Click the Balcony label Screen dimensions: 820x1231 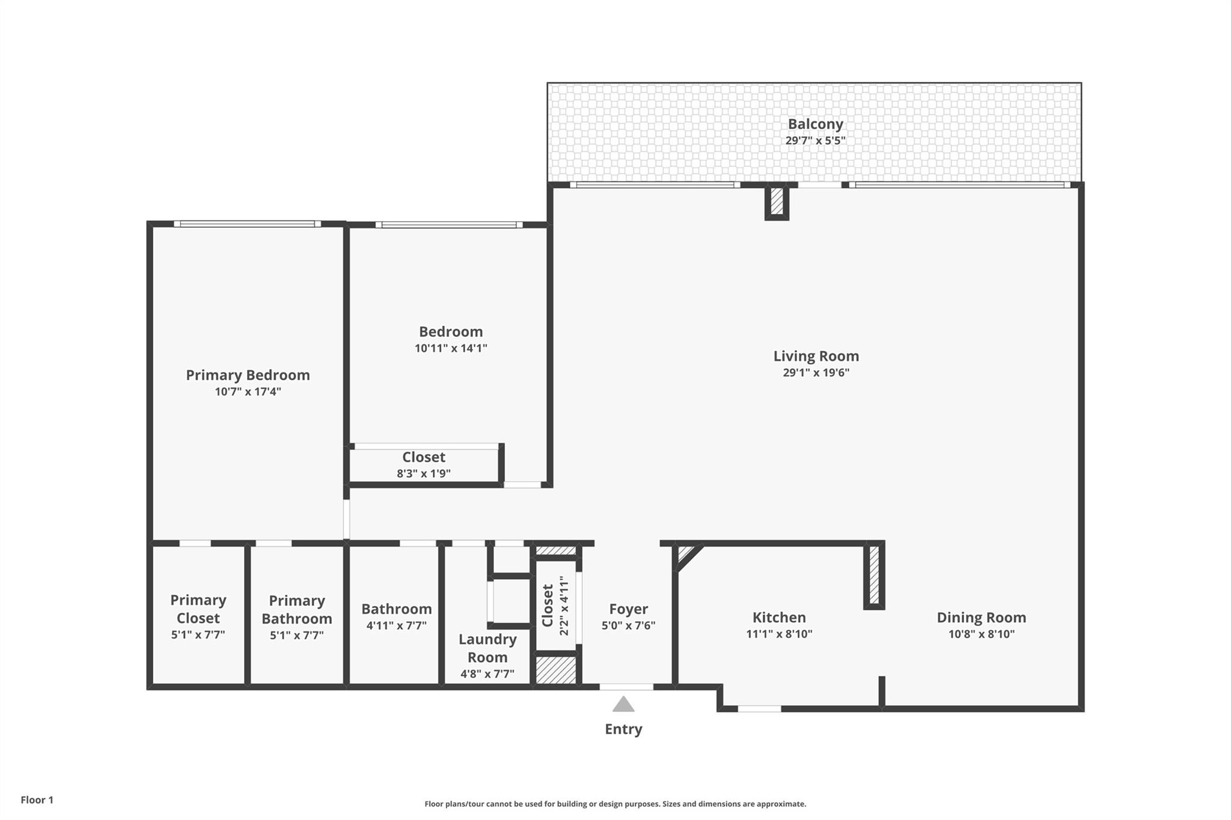pyautogui.click(x=815, y=124)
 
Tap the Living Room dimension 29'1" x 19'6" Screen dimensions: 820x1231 pyautogui.click(x=816, y=372)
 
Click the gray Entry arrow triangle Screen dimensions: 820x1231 pyautogui.click(x=623, y=704)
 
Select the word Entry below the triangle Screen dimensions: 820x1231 pyautogui.click(x=623, y=729)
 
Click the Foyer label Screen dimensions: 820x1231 pyautogui.click(x=628, y=609)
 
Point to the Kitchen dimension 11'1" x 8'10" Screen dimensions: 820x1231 pyautogui.click(x=779, y=634)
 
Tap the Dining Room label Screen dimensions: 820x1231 pyautogui.click(x=981, y=618)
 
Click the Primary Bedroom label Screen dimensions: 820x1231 pyautogui.click(x=248, y=375)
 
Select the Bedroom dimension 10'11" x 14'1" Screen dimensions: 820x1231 pyautogui.click(x=450, y=348)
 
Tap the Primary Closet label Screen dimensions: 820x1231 pyautogui.click(x=198, y=609)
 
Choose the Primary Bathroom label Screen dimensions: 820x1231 pyautogui.click(x=296, y=609)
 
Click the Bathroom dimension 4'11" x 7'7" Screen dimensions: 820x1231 pyautogui.click(x=396, y=625)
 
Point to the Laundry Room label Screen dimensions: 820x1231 pyautogui.click(x=487, y=648)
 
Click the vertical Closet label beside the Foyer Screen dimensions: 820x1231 pyautogui.click(x=548, y=605)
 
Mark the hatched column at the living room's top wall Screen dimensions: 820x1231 pyautogui.click(x=777, y=201)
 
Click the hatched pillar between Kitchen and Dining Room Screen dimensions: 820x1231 pyautogui.click(x=875, y=575)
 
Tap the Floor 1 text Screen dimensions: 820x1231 pyautogui.click(x=37, y=800)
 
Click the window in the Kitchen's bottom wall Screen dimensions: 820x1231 pyautogui.click(x=759, y=709)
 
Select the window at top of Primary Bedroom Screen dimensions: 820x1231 pyautogui.click(x=247, y=224)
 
